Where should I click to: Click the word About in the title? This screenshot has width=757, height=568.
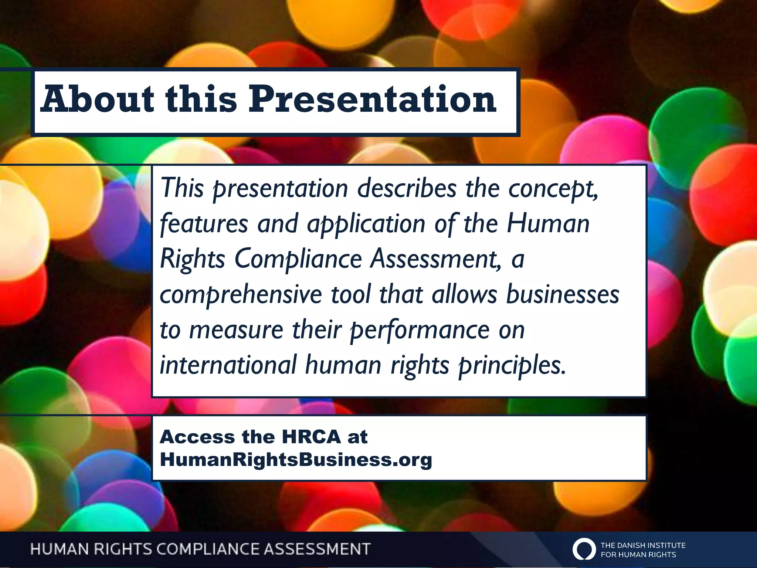click(97, 99)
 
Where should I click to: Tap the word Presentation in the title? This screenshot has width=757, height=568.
click(372, 99)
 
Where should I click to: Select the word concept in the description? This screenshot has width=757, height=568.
click(553, 189)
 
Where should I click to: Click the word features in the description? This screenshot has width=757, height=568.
click(204, 224)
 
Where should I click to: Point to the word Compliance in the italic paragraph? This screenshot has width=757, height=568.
click(298, 259)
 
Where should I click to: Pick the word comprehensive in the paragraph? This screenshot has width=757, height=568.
click(241, 295)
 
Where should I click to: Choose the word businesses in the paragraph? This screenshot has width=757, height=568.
click(562, 294)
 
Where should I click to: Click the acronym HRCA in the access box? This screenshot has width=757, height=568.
click(311, 437)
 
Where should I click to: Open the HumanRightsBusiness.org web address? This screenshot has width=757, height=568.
click(296, 460)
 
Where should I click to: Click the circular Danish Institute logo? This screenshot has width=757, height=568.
click(584, 549)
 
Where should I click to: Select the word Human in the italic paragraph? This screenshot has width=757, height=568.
click(548, 224)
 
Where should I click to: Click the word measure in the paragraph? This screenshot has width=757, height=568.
click(236, 330)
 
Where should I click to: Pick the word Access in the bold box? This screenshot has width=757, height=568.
click(197, 437)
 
